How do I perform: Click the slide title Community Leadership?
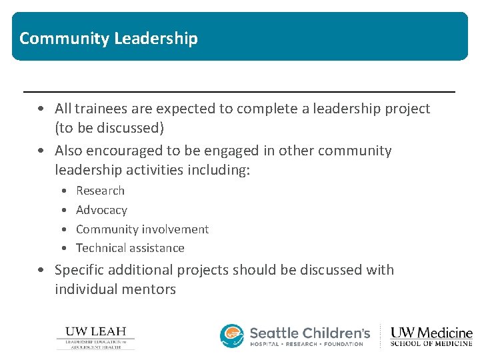click(x=109, y=38)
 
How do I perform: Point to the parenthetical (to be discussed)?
click(x=109, y=127)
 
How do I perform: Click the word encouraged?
click(x=127, y=151)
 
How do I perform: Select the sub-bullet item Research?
click(x=100, y=191)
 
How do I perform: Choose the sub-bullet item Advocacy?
click(x=101, y=210)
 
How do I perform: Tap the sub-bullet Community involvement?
click(x=142, y=229)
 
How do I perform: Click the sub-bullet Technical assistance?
click(x=130, y=248)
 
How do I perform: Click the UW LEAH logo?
click(x=95, y=337)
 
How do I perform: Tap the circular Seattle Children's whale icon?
click(x=232, y=336)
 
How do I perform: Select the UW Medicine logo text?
click(x=431, y=332)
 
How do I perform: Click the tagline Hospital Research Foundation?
click(x=307, y=344)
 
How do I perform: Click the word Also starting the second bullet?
click(x=69, y=151)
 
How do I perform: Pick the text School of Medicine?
click(x=431, y=344)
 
